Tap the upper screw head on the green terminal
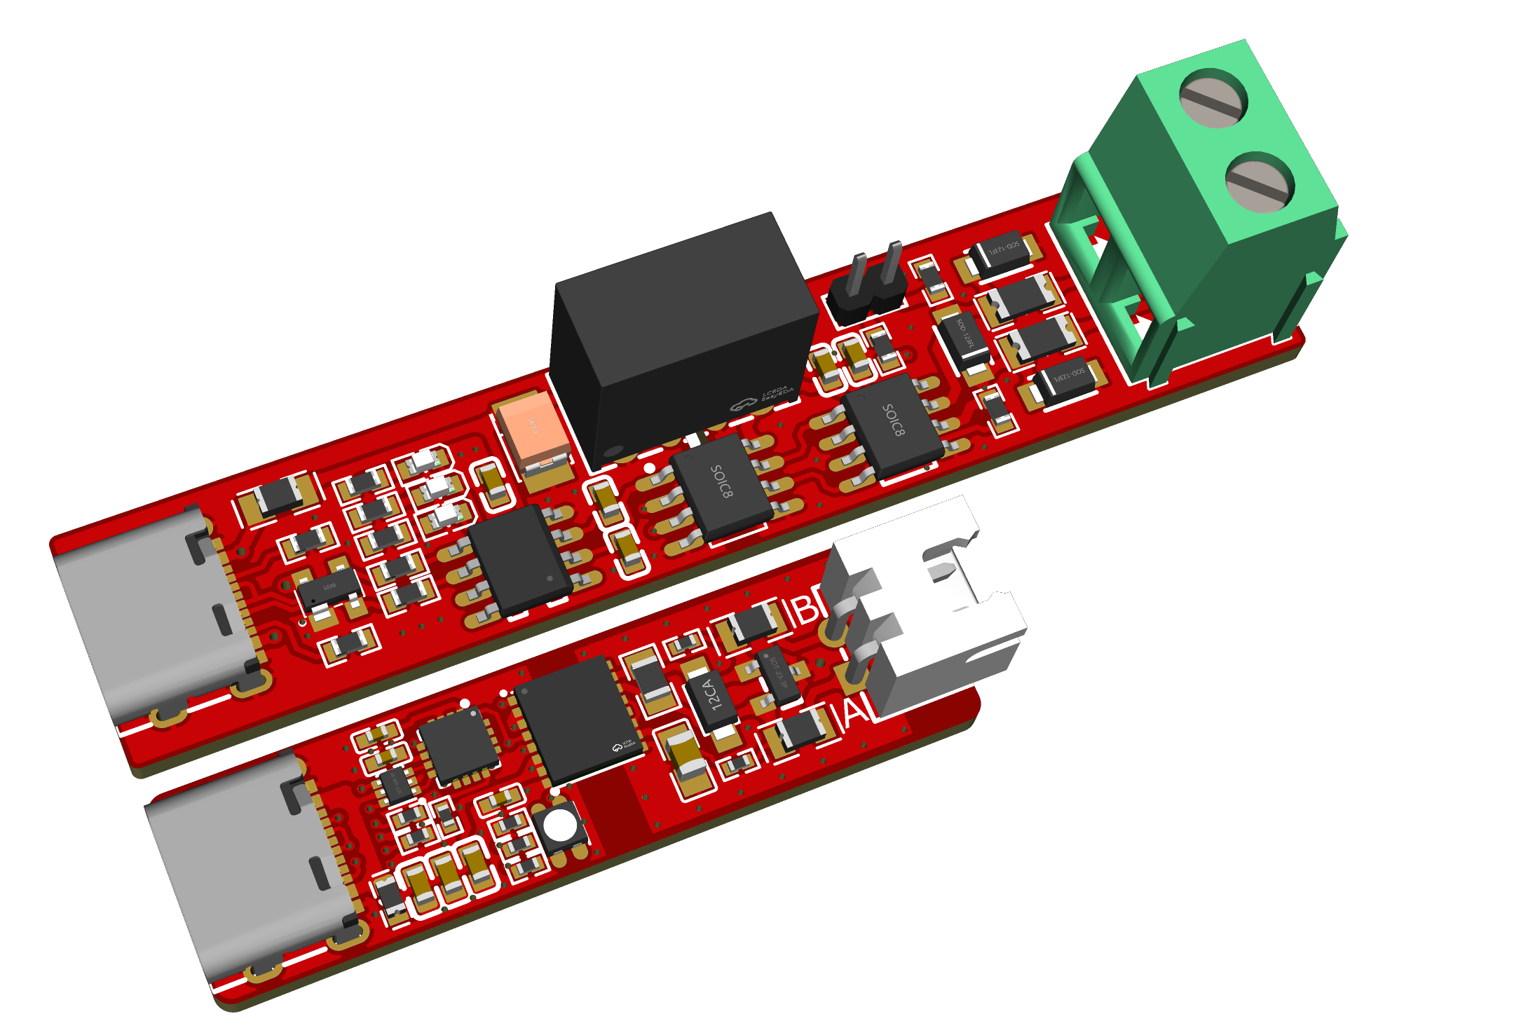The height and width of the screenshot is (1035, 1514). pos(1213,98)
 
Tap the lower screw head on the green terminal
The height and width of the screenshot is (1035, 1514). pos(1260,185)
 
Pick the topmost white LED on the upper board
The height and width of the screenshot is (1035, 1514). pos(425,460)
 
